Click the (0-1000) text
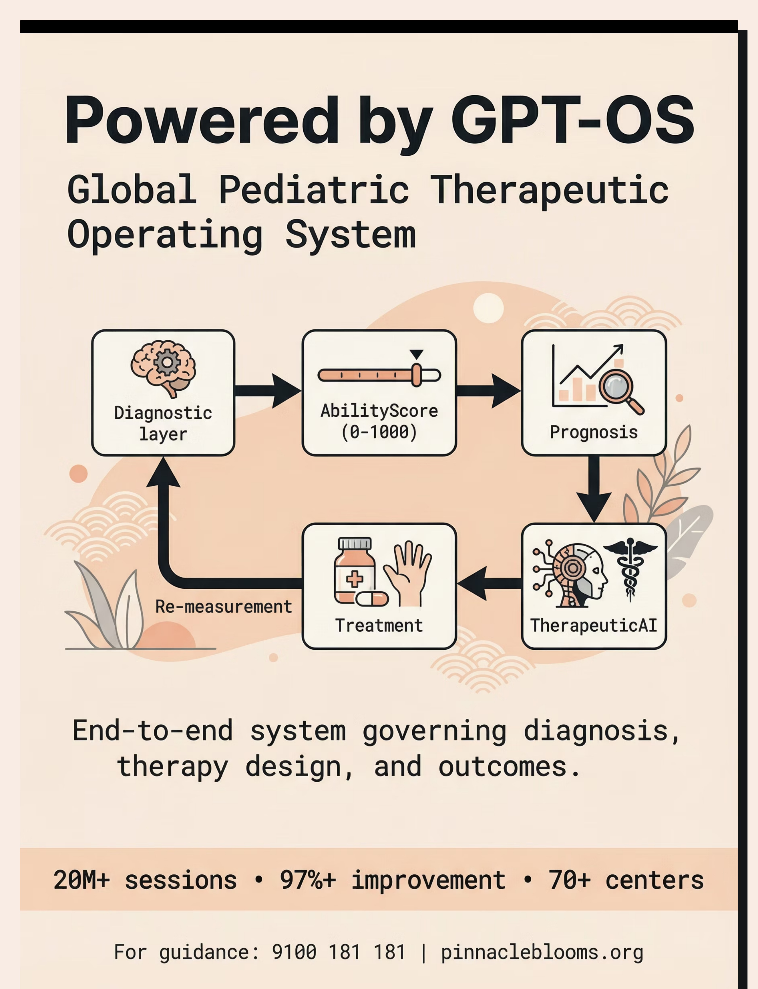[x=379, y=432]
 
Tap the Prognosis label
[x=594, y=432]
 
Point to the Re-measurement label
[x=224, y=607]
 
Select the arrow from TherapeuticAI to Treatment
[x=489, y=583]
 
